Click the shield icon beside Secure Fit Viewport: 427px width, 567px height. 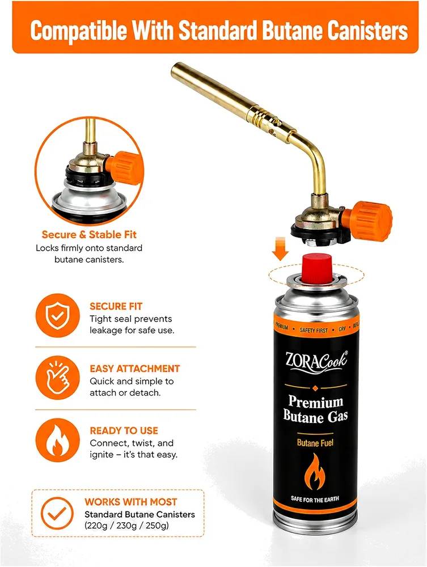point(57,315)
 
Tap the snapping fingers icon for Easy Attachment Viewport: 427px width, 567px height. point(57,378)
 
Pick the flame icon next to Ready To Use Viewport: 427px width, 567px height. point(57,440)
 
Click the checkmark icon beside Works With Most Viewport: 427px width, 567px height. point(57,513)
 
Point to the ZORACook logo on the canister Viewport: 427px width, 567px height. point(316,363)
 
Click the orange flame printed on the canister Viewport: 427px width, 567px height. point(315,471)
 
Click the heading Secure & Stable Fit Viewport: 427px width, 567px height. point(89,235)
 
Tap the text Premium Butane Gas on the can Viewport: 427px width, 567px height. point(315,409)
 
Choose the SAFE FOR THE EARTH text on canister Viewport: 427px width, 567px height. point(315,500)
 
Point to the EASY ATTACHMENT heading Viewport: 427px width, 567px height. point(134,369)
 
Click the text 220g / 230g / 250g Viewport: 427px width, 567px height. point(127,526)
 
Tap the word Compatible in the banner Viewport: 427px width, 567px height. point(78,31)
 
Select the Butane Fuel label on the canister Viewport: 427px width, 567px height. point(315,443)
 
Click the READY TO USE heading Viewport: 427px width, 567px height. point(124,431)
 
